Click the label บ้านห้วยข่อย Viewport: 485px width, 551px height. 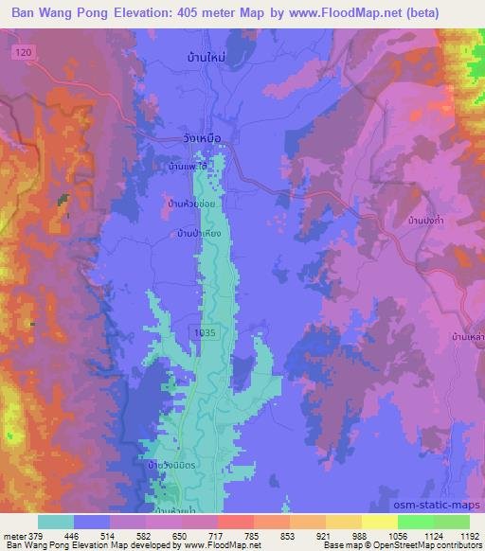click(x=194, y=204)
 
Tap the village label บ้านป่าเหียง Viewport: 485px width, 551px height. click(x=198, y=233)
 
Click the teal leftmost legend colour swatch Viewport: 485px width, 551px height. click(x=56, y=521)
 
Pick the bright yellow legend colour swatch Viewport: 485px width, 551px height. click(x=379, y=521)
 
